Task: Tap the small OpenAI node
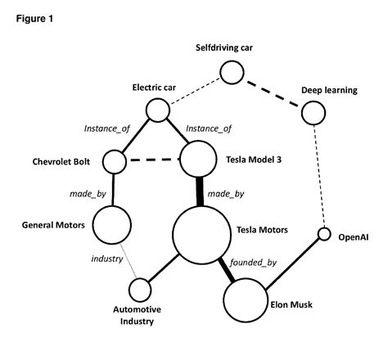click(323, 236)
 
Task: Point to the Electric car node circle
click(157, 109)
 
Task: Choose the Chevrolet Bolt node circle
click(115, 161)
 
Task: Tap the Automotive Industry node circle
click(140, 290)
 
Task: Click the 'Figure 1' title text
click(34, 19)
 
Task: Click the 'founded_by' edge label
click(254, 263)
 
